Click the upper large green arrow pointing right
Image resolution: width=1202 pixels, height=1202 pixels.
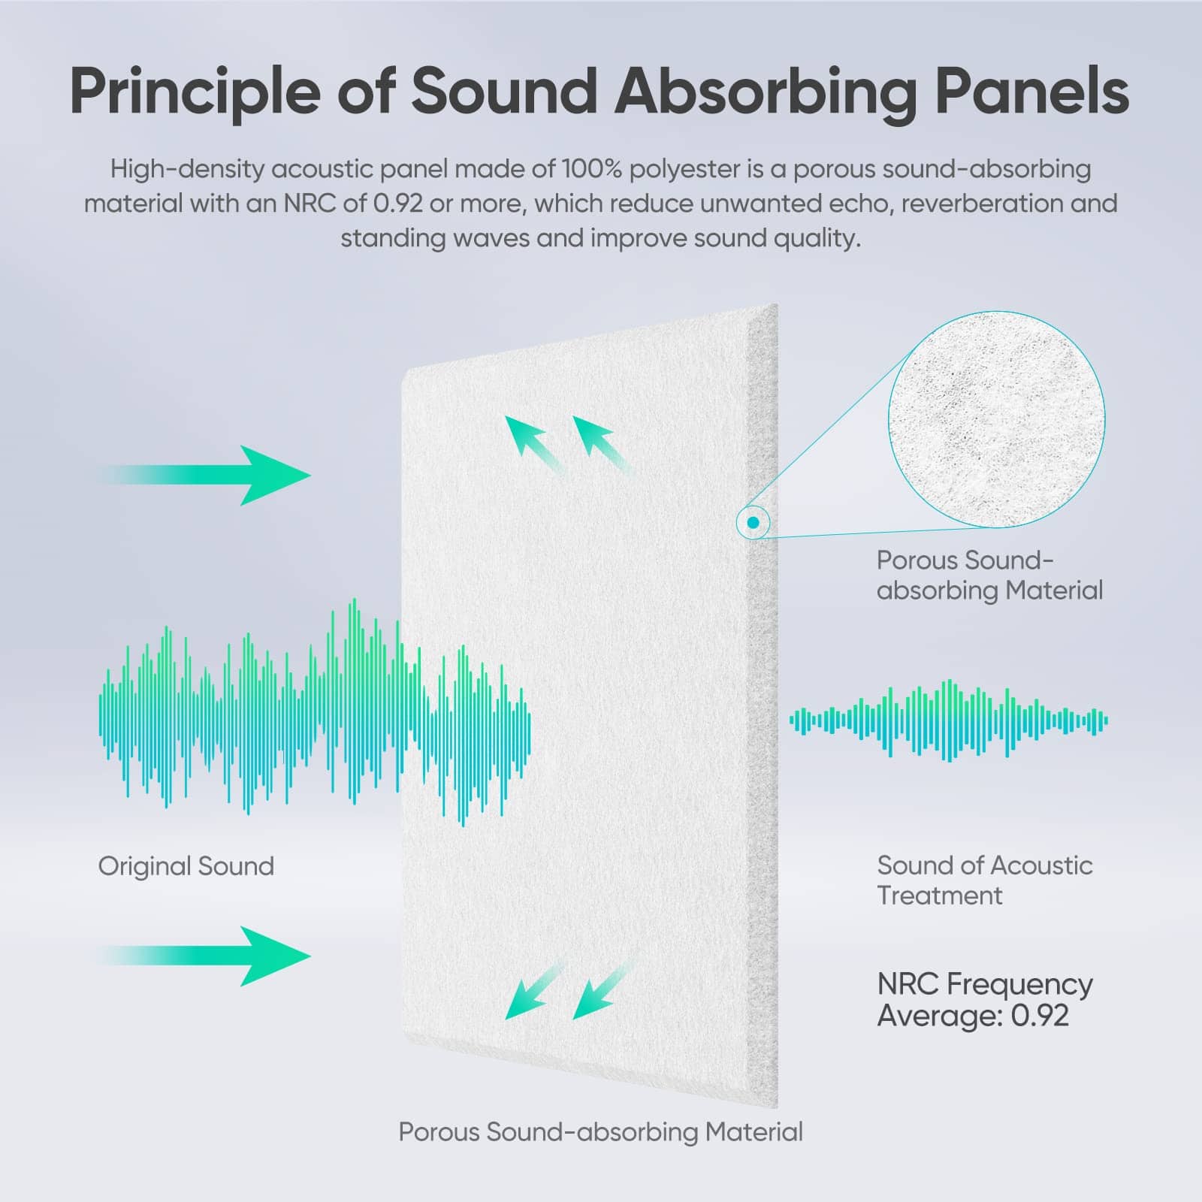pyautogui.click(x=204, y=475)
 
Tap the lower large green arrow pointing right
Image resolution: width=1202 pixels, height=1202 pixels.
pyautogui.click(x=204, y=956)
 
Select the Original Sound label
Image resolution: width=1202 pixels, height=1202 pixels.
pyautogui.click(x=186, y=867)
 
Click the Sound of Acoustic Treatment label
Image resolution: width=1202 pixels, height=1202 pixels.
pyautogui.click(x=985, y=880)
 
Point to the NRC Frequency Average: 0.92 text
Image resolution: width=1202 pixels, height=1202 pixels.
pyautogui.click(x=985, y=999)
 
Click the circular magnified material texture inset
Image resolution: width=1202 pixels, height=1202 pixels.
pyautogui.click(x=996, y=419)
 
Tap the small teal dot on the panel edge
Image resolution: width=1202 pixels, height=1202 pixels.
pyautogui.click(x=754, y=522)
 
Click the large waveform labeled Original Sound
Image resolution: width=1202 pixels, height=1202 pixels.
pyautogui.click(x=315, y=712)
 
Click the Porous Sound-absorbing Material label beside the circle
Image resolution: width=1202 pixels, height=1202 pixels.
pyautogui.click(x=989, y=575)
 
